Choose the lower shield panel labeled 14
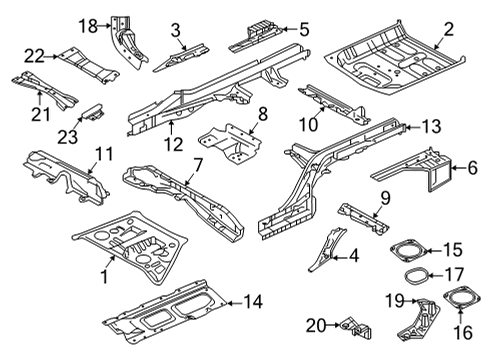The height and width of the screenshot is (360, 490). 165,305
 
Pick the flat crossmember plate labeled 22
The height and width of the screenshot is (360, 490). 86,58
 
